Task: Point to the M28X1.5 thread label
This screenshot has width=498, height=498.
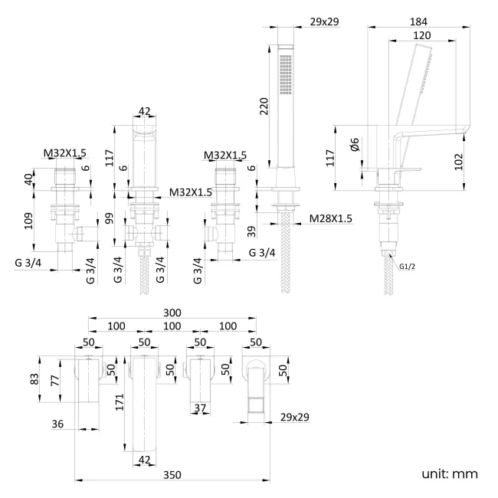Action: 331,218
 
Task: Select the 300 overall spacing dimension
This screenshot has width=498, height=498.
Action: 172,313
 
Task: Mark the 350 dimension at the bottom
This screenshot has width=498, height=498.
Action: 172,475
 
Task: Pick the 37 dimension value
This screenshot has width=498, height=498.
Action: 201,409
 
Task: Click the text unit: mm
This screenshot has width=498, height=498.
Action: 449,473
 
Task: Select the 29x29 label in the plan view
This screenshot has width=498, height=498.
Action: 295,417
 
